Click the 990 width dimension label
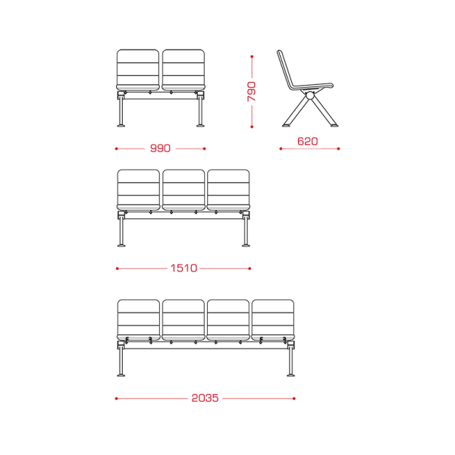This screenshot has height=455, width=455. point(160,149)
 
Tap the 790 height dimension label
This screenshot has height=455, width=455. point(252,92)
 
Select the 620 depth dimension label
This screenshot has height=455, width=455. point(308,141)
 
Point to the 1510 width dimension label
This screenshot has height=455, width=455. point(184,268)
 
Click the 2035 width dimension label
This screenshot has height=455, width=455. point(205,398)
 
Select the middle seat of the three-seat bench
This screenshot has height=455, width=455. point(184,190)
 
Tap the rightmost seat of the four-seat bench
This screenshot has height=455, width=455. point(273,320)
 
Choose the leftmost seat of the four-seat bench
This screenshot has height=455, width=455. point(139,320)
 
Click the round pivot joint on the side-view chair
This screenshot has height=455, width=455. point(310,96)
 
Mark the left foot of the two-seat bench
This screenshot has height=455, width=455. point(121,126)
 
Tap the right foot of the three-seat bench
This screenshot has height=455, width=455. point(246,246)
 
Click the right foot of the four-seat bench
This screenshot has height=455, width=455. point(290,376)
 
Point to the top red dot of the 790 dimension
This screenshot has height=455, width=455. point(252,57)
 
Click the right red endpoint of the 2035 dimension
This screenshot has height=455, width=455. point(294,398)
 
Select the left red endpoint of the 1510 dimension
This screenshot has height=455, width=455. point(118,268)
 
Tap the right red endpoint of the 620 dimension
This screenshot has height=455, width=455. point(338,149)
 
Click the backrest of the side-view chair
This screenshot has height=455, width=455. point(284,69)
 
